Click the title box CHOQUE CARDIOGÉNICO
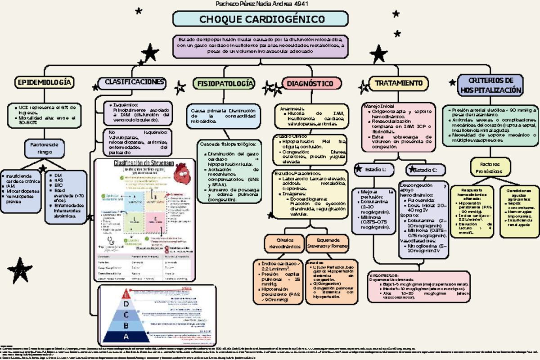[261, 19]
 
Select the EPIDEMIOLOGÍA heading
[45, 82]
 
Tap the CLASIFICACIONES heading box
[134, 82]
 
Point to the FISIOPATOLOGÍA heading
[224, 84]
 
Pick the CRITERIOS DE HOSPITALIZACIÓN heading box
[490, 85]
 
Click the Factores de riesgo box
[45, 148]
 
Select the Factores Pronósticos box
[490, 168]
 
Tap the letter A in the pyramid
[126, 337]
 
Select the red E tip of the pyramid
[127, 296]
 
